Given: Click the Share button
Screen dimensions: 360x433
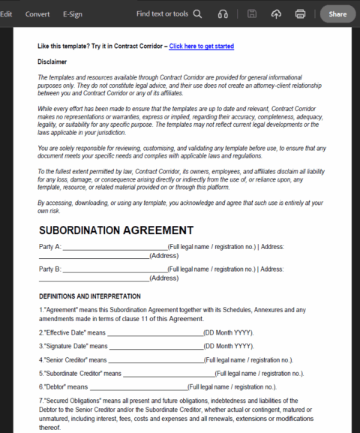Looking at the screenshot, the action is point(337,14).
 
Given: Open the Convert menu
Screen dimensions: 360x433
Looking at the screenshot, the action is point(37,14).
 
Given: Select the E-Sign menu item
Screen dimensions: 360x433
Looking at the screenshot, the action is point(73,14).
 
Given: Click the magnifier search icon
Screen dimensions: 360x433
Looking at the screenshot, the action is point(197,14).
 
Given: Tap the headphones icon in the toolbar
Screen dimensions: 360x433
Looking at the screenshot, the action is point(223,14).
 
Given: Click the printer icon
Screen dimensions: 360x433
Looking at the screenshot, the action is point(301,14).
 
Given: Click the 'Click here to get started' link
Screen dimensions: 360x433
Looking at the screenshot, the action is point(201,47).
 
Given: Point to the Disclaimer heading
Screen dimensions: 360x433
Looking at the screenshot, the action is point(52,62).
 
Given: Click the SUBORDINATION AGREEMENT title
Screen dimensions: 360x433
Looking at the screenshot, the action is point(116,230).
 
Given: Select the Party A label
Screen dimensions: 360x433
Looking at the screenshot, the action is point(50,247).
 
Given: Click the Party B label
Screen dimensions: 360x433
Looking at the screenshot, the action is point(50,269).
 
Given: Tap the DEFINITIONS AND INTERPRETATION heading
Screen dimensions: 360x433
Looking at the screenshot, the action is point(90,296).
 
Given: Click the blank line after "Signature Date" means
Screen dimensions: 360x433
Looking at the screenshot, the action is point(156,347).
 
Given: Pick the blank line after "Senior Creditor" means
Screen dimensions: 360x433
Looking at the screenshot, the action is point(157,361).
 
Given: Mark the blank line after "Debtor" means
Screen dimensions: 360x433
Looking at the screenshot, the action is point(138,388).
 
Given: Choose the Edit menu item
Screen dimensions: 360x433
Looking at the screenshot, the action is point(6,14).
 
